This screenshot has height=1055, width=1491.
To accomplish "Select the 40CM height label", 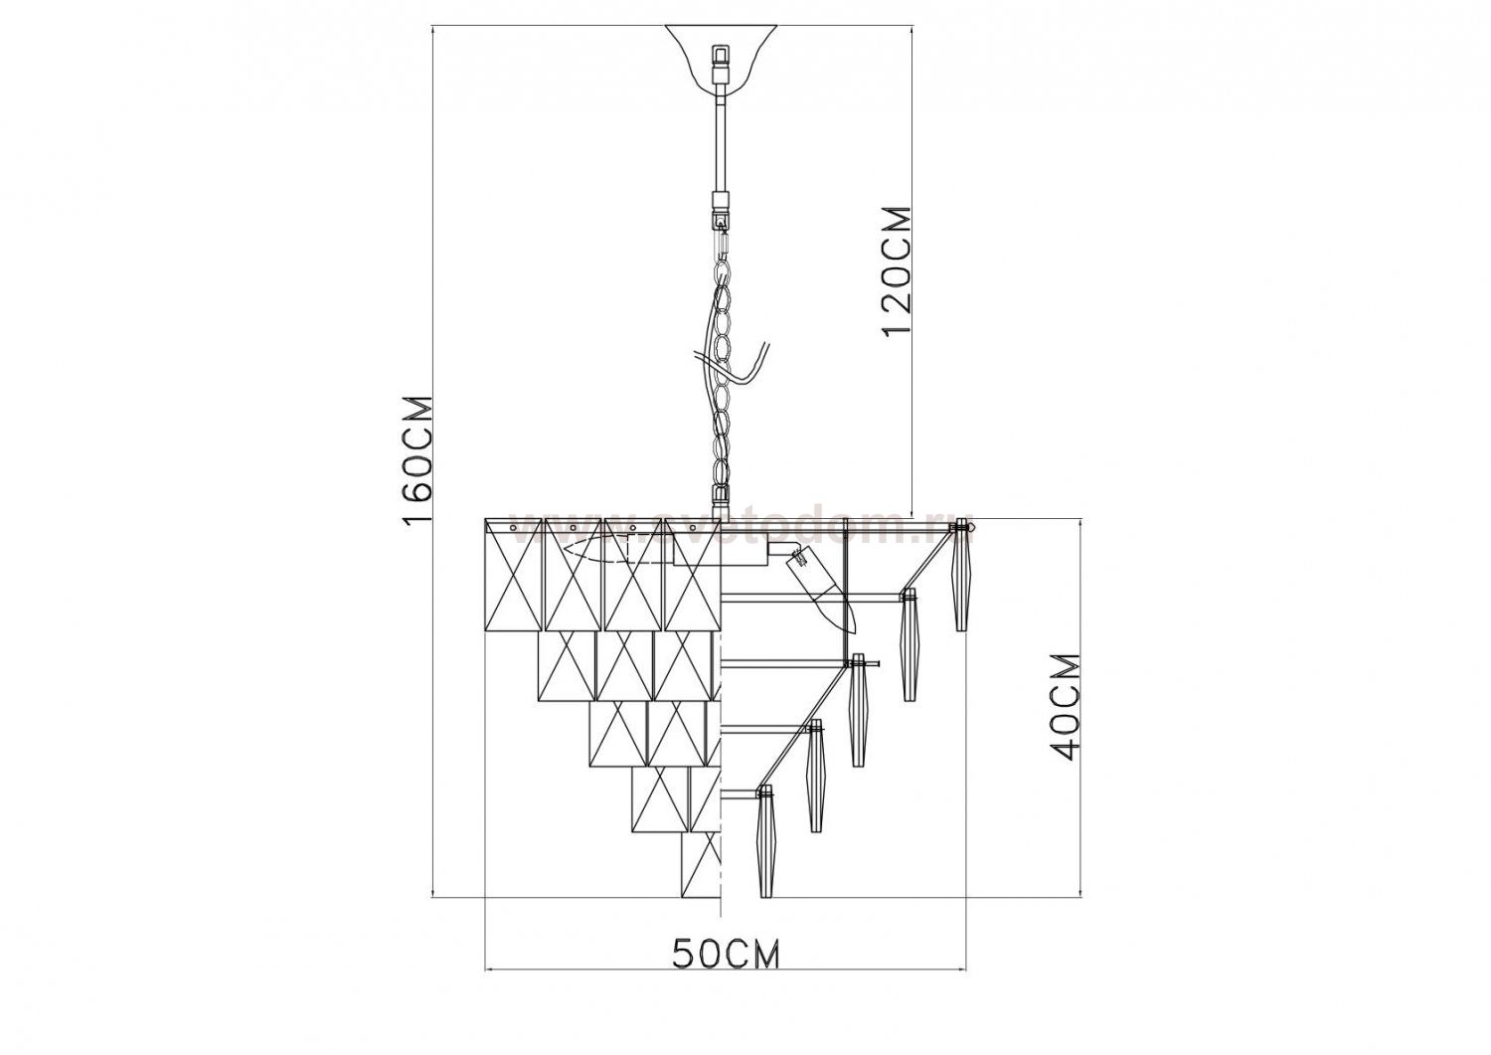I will point(1064,706).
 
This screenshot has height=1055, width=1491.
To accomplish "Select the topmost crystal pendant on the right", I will point(961,582).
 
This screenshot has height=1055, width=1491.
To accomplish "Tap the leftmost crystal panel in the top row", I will point(512,574).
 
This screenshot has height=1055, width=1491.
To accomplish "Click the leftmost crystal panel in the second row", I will point(566,664).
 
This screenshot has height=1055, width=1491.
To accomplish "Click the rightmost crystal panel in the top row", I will point(692,574).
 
